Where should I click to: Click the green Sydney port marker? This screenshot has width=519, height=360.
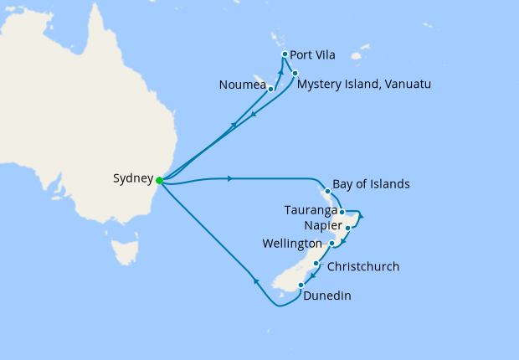[x=159, y=178]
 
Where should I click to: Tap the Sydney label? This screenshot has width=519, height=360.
[x=132, y=178]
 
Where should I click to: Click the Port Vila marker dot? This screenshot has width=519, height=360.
[x=285, y=54]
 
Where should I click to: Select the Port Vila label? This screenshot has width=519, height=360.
[x=312, y=55]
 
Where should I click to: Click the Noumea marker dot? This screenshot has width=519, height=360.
[x=270, y=88]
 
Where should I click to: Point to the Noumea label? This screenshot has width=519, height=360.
[x=241, y=85]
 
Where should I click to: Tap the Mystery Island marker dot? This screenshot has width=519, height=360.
[x=295, y=73]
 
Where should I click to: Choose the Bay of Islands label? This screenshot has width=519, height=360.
[x=371, y=184]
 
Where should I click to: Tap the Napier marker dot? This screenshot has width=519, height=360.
[x=347, y=228]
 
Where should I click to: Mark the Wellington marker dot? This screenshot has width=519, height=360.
[x=332, y=244]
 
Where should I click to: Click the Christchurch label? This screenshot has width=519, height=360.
[x=362, y=267]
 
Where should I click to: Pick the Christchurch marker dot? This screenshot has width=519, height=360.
[x=316, y=264]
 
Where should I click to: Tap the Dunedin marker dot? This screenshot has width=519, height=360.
[x=301, y=285]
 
